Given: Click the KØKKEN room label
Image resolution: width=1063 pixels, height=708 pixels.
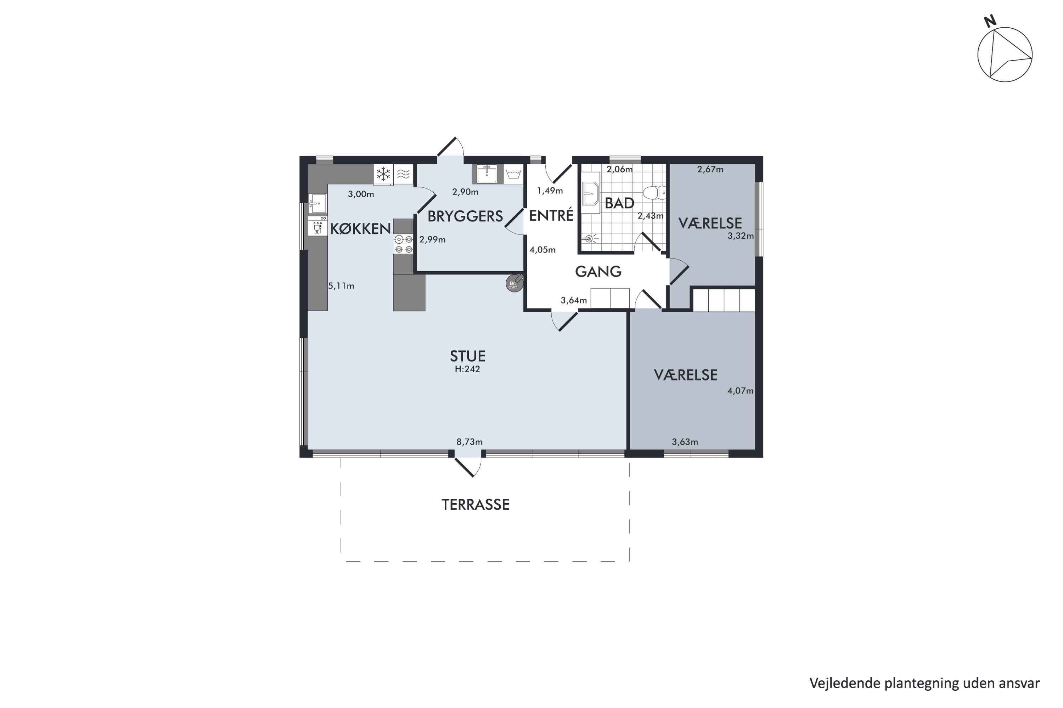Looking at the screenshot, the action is (360, 229).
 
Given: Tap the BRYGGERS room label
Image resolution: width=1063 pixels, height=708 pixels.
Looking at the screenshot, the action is (465, 217).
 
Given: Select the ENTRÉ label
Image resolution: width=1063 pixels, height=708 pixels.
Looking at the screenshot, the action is (551, 215).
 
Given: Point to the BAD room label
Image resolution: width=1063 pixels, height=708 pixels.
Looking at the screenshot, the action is (619, 204).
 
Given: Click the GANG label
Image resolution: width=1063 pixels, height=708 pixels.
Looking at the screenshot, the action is (598, 271).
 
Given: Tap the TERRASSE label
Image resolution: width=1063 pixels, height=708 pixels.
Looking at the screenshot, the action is (475, 505).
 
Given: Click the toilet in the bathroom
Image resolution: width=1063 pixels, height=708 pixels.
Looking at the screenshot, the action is (654, 193).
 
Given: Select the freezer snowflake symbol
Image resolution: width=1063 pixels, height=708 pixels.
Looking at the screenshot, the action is (383, 174).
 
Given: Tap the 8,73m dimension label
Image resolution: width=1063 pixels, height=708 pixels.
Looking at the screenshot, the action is (469, 442).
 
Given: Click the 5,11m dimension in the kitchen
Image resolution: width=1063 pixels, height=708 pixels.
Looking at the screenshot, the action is (341, 286).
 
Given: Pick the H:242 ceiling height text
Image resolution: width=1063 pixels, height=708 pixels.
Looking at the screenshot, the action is (467, 369).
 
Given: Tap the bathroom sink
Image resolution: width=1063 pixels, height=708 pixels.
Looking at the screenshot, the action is (590, 193).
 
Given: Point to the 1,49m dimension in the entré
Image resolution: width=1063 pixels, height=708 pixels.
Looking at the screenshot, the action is (550, 191).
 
